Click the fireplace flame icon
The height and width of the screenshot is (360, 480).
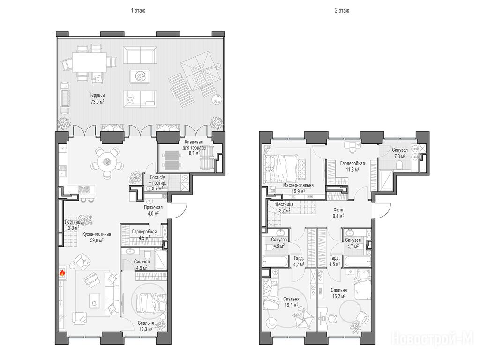(x=62, y=273)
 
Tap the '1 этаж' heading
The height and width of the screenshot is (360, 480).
(x=138, y=11)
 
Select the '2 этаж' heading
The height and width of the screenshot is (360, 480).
(x=342, y=11)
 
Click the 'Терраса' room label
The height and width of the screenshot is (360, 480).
(x=97, y=95)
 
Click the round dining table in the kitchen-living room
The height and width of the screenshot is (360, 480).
(x=107, y=161)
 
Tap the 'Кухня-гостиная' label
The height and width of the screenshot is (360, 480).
(x=97, y=234)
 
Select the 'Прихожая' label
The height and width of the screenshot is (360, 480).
(x=153, y=207)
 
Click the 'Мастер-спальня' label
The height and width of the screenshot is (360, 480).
(x=298, y=186)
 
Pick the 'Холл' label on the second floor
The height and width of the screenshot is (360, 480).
(x=338, y=210)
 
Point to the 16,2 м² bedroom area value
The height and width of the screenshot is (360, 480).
(x=339, y=296)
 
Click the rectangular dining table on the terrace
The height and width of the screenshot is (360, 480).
(x=90, y=62)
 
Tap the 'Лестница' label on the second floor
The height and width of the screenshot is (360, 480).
(x=285, y=204)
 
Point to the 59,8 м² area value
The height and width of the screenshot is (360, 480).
(x=97, y=240)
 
